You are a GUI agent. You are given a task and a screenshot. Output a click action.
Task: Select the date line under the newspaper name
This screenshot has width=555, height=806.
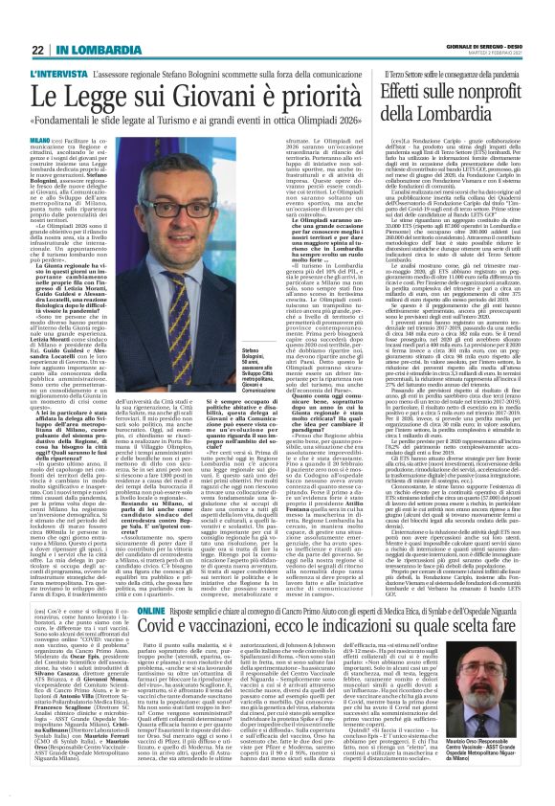click(x=496, y=28)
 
